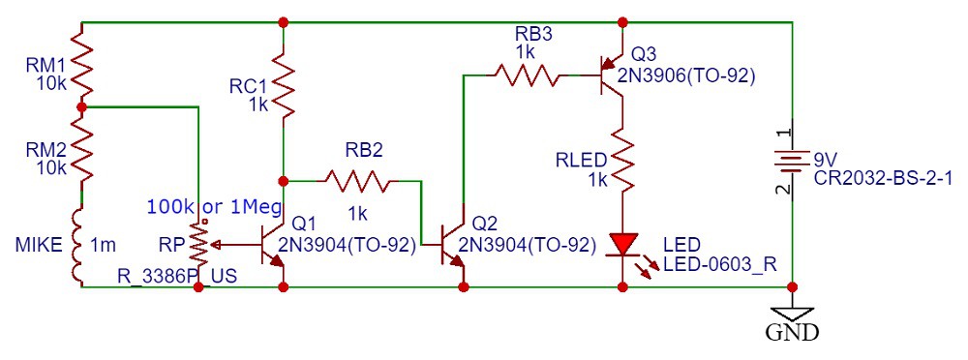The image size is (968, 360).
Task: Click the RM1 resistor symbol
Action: pos(81,63)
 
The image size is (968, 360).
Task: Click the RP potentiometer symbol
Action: pos(199,245)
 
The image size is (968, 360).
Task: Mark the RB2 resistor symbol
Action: pos(357,180)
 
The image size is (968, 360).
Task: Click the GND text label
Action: pos(793,334)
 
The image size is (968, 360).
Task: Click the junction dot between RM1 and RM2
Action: pos(81,107)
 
